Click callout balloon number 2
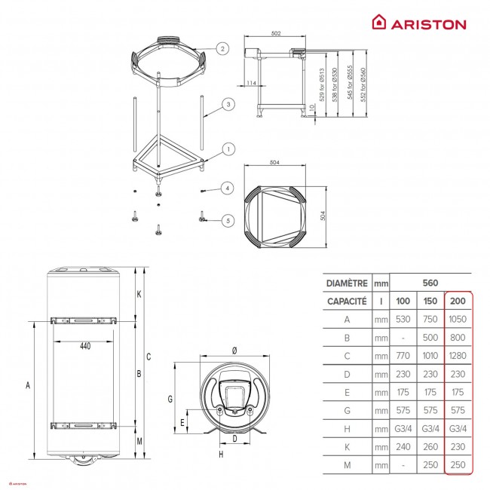point(222,48)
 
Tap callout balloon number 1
point(225,150)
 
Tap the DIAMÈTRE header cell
point(348,283)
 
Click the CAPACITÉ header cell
point(348,301)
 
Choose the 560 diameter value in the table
point(430,283)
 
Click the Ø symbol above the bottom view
point(234,350)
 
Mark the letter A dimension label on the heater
point(28,386)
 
